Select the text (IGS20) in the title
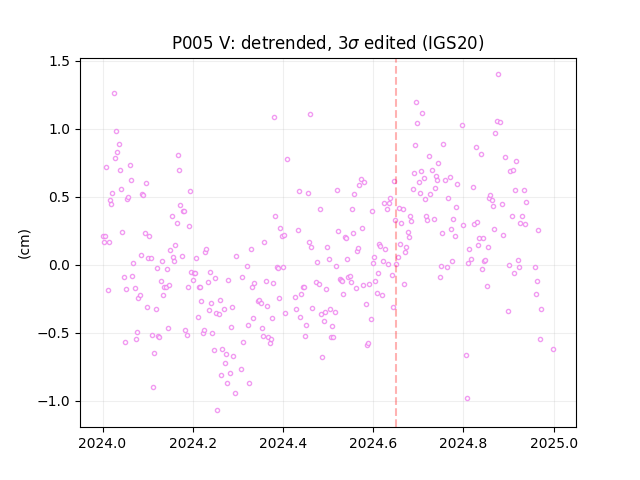(453, 43)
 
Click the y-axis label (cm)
(24, 244)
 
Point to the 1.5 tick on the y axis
(59, 61)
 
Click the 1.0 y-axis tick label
(59, 129)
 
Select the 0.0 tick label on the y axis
(59, 265)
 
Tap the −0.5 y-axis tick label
(54, 333)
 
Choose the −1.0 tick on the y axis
(54, 402)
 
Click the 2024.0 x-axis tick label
(103, 443)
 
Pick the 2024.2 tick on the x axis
(193, 443)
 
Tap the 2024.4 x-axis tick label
(283, 443)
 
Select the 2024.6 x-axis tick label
(373, 443)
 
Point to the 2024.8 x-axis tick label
(463, 443)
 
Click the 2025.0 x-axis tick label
(554, 443)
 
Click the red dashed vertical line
(396, 243)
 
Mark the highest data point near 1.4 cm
(498, 75)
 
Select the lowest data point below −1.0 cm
(218, 411)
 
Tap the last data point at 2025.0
(553, 349)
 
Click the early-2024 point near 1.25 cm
(115, 93)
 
